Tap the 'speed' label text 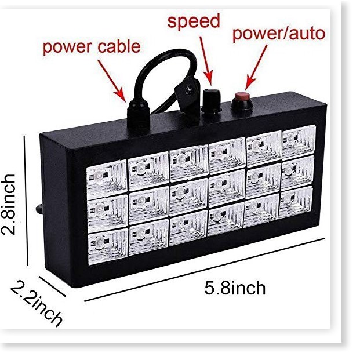(x=194, y=22)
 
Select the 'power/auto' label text (x=278, y=34)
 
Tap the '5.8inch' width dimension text (x=235, y=288)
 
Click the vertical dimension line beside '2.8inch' (x=26, y=206)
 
